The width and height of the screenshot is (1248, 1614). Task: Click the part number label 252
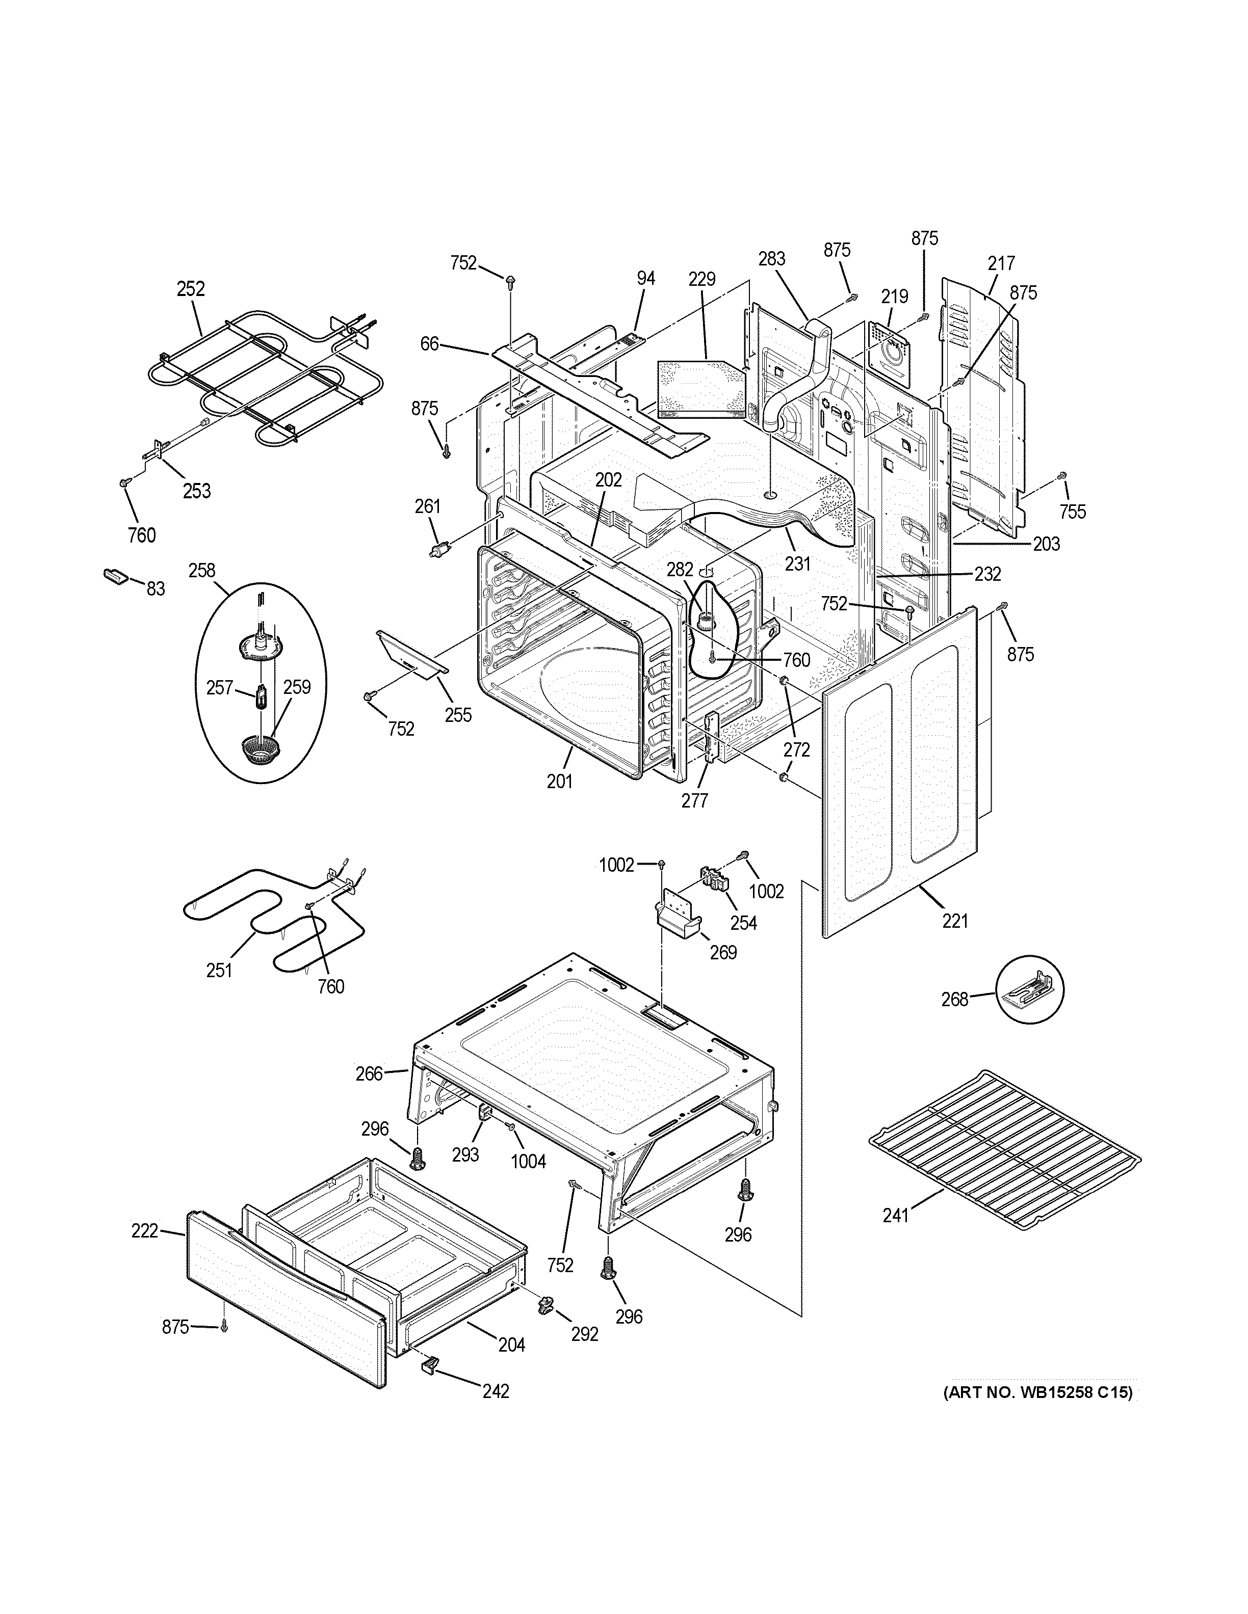[x=190, y=289]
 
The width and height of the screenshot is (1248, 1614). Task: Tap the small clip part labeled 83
[x=115, y=576]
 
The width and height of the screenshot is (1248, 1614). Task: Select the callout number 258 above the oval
[x=202, y=571]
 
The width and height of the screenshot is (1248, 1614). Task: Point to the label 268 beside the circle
[x=954, y=999]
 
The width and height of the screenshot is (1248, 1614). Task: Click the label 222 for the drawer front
[x=145, y=1230]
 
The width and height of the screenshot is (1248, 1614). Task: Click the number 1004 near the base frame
[x=528, y=1162]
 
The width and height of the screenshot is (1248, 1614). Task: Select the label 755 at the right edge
[x=1072, y=512]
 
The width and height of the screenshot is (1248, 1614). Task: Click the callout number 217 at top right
[x=1001, y=263]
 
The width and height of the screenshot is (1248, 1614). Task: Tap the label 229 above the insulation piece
[x=701, y=279]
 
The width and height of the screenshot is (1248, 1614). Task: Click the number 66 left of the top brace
[x=430, y=344]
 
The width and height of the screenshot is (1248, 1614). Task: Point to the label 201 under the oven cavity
[x=560, y=781]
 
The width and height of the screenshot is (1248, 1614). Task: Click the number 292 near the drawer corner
[x=584, y=1335]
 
